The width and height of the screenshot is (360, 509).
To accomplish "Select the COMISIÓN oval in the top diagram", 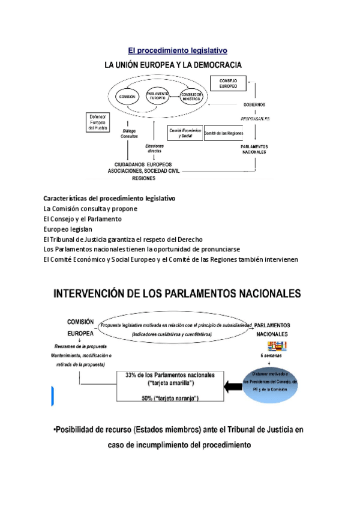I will [127, 97].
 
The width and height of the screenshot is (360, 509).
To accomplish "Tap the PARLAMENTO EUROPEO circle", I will [159, 97].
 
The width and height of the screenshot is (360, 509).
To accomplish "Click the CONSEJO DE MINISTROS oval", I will [192, 97].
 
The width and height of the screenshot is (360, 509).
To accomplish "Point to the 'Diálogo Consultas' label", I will [129, 133].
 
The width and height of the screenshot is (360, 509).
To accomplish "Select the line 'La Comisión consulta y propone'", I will [91, 208].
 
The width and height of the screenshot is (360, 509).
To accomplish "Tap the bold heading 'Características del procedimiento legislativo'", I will [109, 198].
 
